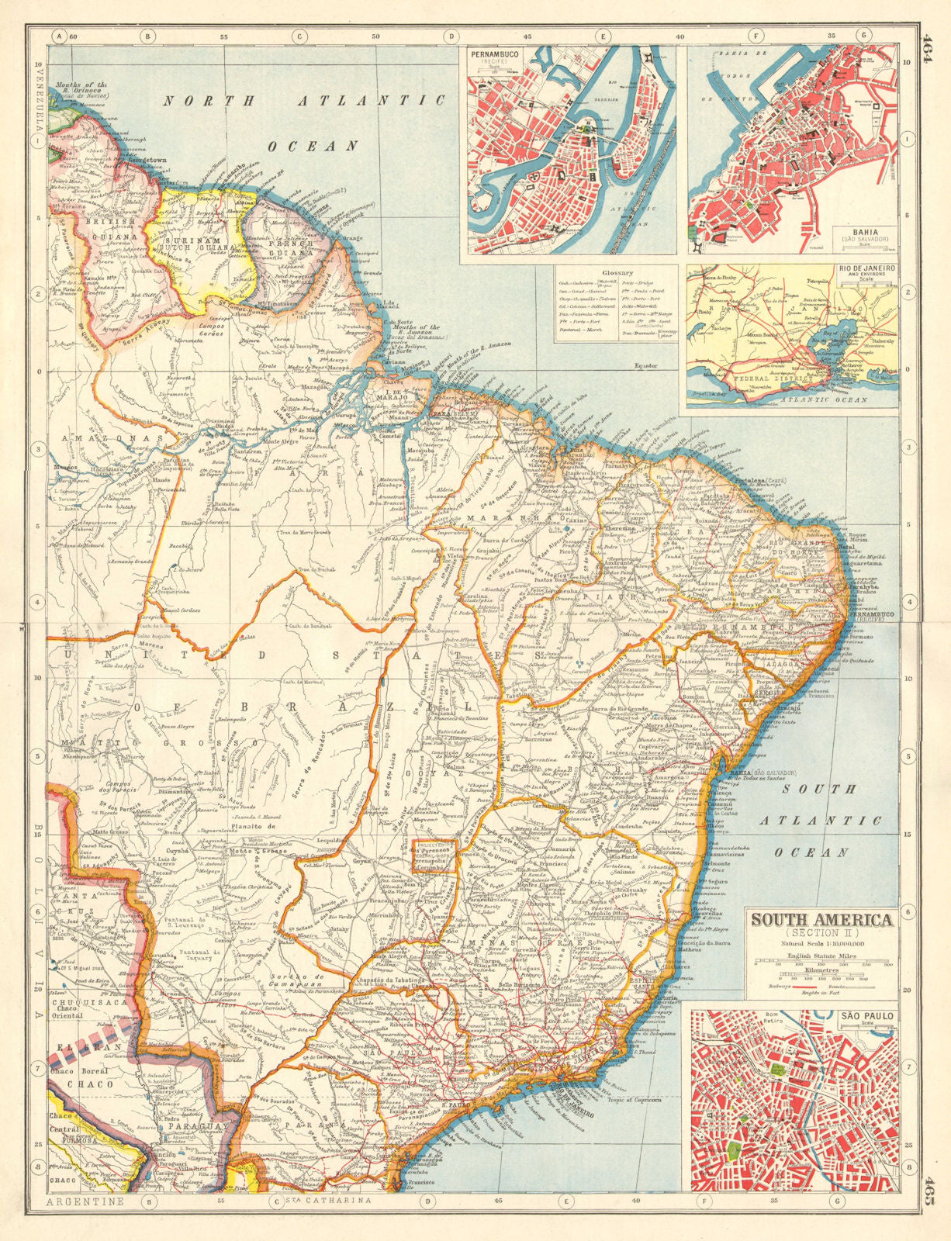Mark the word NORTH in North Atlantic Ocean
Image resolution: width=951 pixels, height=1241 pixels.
[x=199, y=101]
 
